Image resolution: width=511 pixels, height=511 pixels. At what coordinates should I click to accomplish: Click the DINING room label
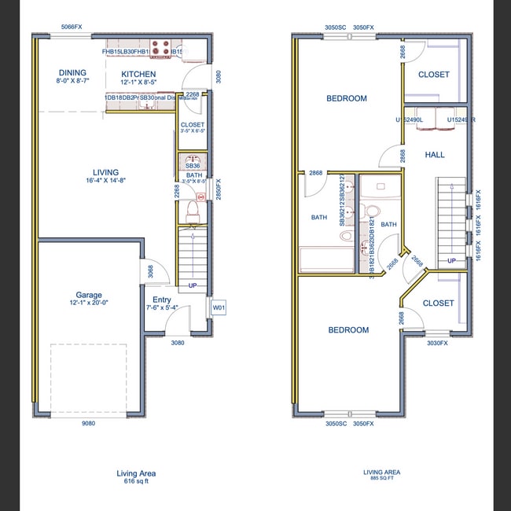72,73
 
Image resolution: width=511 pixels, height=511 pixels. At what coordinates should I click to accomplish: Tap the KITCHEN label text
138,74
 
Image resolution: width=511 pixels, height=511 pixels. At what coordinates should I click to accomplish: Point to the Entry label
162,300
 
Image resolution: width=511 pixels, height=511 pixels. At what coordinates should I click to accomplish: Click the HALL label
435,155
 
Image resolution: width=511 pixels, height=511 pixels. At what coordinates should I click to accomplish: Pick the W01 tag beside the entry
218,308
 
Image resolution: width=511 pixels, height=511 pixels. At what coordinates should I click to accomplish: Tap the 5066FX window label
72,27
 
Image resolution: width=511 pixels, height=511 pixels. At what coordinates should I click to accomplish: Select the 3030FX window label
437,343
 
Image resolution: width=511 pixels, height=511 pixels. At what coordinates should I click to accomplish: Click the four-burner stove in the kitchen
160,49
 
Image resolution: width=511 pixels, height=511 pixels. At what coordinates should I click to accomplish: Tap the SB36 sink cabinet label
193,166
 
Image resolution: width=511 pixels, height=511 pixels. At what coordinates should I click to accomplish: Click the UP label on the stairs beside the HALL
451,260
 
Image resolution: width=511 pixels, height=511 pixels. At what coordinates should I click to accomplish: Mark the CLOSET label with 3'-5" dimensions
193,125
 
